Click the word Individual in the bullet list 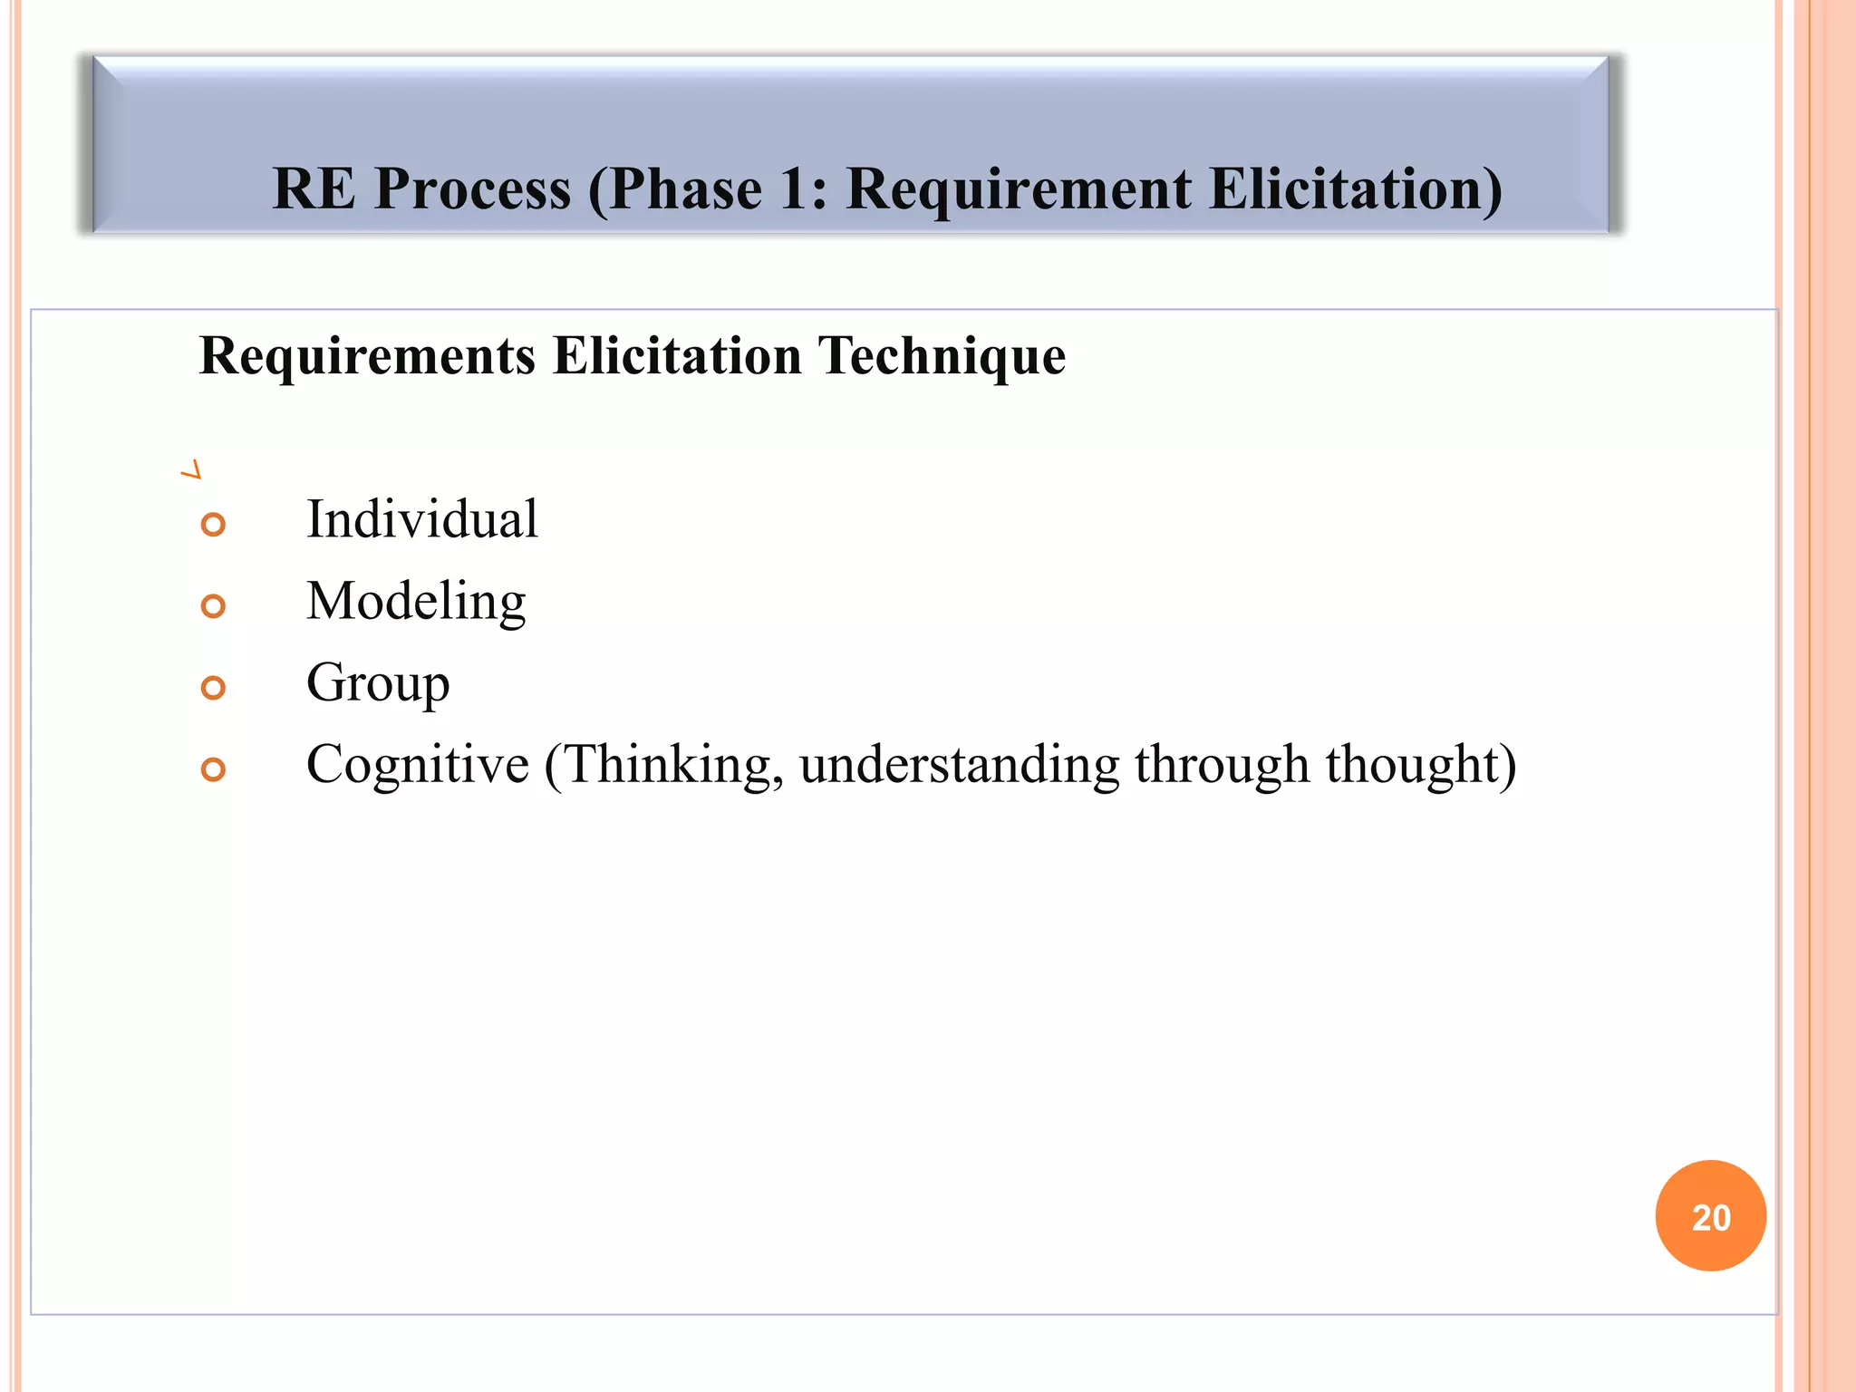[422, 519]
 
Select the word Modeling [416, 602]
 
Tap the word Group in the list [378, 683]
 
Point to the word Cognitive [418, 765]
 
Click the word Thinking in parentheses [671, 765]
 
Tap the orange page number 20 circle [1710, 1216]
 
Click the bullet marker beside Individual [213, 525]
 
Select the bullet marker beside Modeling [213, 606]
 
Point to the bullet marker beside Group [213, 688]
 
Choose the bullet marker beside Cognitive [213, 769]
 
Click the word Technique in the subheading [942, 355]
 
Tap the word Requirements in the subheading [367, 355]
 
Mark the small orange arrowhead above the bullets [191, 470]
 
